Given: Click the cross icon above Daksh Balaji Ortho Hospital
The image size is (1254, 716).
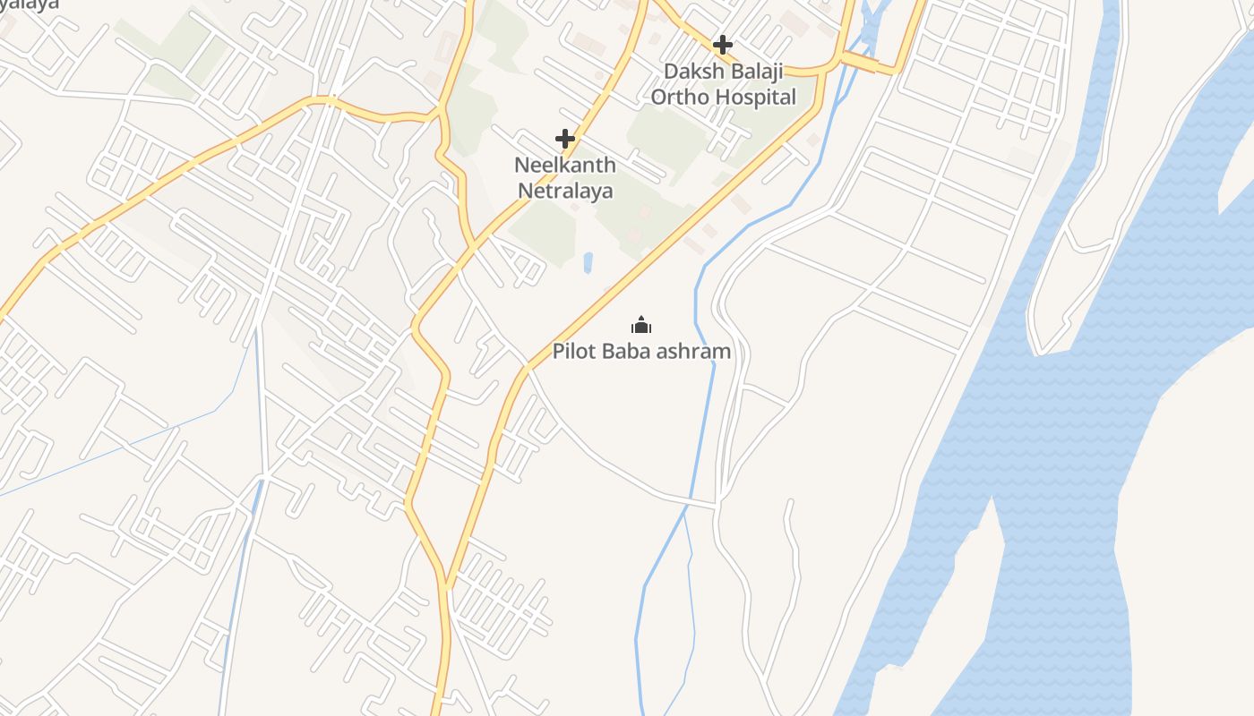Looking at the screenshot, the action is click(722, 44).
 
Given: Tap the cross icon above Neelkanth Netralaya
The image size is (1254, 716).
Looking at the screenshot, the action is click(565, 139).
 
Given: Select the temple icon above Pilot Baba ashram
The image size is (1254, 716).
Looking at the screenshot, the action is click(641, 324).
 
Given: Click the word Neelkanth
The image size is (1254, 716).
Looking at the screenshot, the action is click(565, 166).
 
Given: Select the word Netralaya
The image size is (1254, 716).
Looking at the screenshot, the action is click(565, 191).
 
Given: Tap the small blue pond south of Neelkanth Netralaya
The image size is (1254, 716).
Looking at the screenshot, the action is click(588, 262).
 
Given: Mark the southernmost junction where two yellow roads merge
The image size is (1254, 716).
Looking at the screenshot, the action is click(445, 586).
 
